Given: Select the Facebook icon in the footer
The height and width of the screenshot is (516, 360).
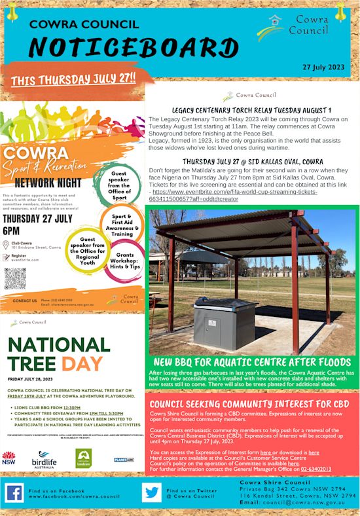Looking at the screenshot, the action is coord(14,493).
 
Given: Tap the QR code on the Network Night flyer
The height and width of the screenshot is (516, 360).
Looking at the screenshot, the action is coord(15,278).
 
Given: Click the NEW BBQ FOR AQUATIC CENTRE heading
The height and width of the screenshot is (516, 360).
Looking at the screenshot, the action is coord(252,362).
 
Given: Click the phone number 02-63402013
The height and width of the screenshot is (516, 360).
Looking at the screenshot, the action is coord(316,469).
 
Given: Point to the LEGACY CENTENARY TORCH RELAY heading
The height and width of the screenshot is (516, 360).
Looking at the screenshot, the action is coord(251,109).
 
